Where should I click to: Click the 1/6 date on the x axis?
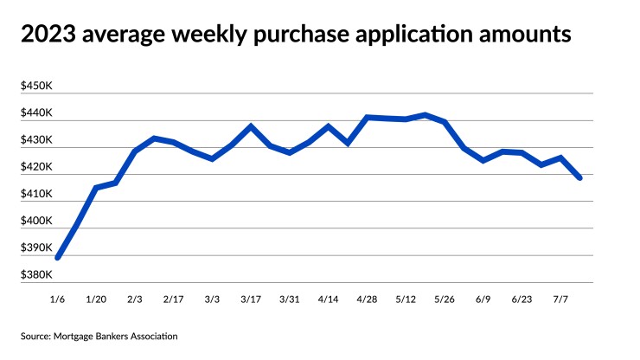(58, 299)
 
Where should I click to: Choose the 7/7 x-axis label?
(560, 299)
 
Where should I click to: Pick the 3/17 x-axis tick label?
(251, 299)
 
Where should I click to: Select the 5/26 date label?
(444, 299)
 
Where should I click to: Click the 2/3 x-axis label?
(135, 299)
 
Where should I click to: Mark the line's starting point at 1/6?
(58, 257)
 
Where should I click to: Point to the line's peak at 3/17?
(251, 126)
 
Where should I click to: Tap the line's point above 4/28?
(367, 117)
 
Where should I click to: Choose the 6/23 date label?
(522, 299)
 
